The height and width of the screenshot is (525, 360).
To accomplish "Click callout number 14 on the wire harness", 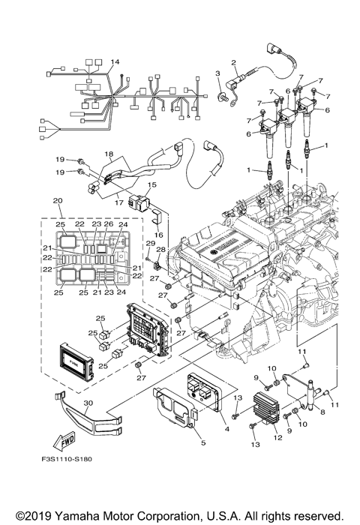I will pyautogui.click(x=115, y=61).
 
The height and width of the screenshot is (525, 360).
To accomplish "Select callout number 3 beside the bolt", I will pyautogui.click(x=217, y=73).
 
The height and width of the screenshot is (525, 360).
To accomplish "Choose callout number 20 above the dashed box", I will pyautogui.click(x=56, y=200).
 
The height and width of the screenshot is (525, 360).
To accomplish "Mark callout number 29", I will pyautogui.click(x=149, y=244).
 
